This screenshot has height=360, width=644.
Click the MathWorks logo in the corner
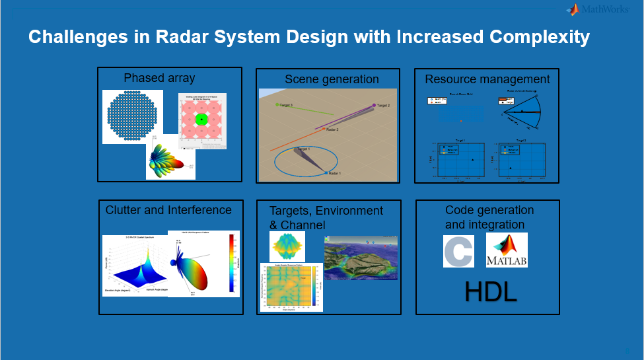point(601,9)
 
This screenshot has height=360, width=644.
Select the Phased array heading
point(159,78)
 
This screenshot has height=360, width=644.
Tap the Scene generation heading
point(332,79)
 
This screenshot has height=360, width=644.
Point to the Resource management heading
point(487,79)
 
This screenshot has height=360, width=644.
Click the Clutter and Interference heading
point(168,210)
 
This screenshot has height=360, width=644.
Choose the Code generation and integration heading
point(489,217)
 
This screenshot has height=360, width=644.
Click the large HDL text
point(490,292)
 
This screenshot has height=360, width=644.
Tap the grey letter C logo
point(458,252)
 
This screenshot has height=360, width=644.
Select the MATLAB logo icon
point(507,251)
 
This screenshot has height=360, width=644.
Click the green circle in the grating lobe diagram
point(202,120)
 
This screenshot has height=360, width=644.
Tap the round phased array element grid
point(133,116)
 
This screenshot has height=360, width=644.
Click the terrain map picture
point(361,258)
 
